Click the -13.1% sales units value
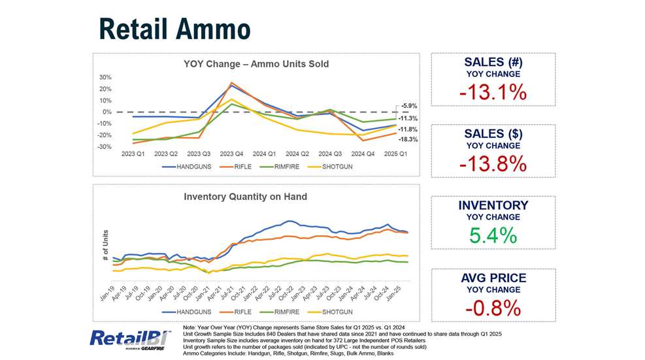coord(493,93)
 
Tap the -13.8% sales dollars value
coord(493,164)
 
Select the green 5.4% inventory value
coord(493,235)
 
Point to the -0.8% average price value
coord(493,307)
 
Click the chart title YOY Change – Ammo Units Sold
coord(256,64)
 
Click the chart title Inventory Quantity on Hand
coord(245,197)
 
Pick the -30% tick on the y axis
coord(103,147)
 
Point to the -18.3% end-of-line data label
coord(408,140)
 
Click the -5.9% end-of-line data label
coord(408,106)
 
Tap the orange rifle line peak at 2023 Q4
coord(231,83)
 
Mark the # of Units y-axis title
coord(106,246)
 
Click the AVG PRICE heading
coord(493,278)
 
